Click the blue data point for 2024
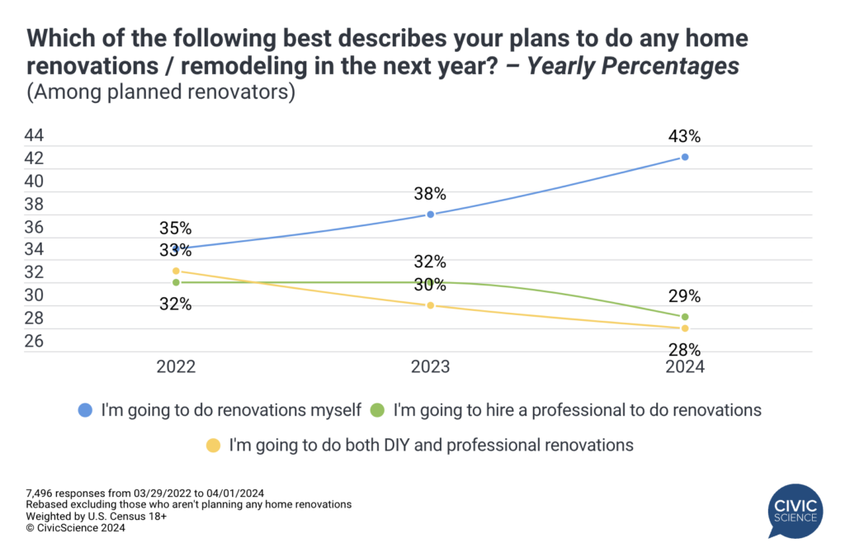(x=685, y=157)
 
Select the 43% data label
(x=685, y=136)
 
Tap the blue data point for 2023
(x=430, y=215)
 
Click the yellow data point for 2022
(x=176, y=271)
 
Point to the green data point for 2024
(x=685, y=317)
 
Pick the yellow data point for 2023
(x=430, y=305)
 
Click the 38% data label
(x=430, y=195)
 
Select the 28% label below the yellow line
(x=685, y=349)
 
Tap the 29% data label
(x=685, y=296)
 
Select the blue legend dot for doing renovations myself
(x=85, y=408)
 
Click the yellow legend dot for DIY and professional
(x=213, y=446)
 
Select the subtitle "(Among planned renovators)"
(x=161, y=92)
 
